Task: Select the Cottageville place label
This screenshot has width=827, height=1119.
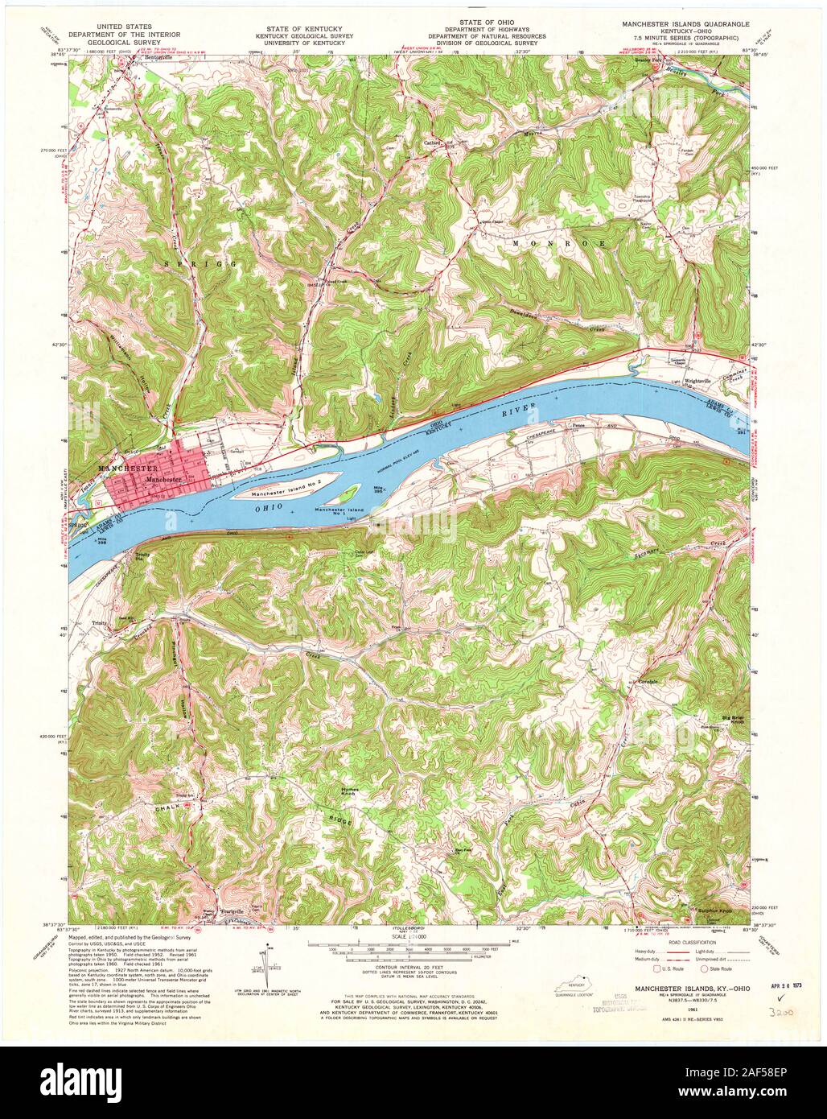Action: click(x=648, y=682)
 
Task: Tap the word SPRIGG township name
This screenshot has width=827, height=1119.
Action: click(x=191, y=263)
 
